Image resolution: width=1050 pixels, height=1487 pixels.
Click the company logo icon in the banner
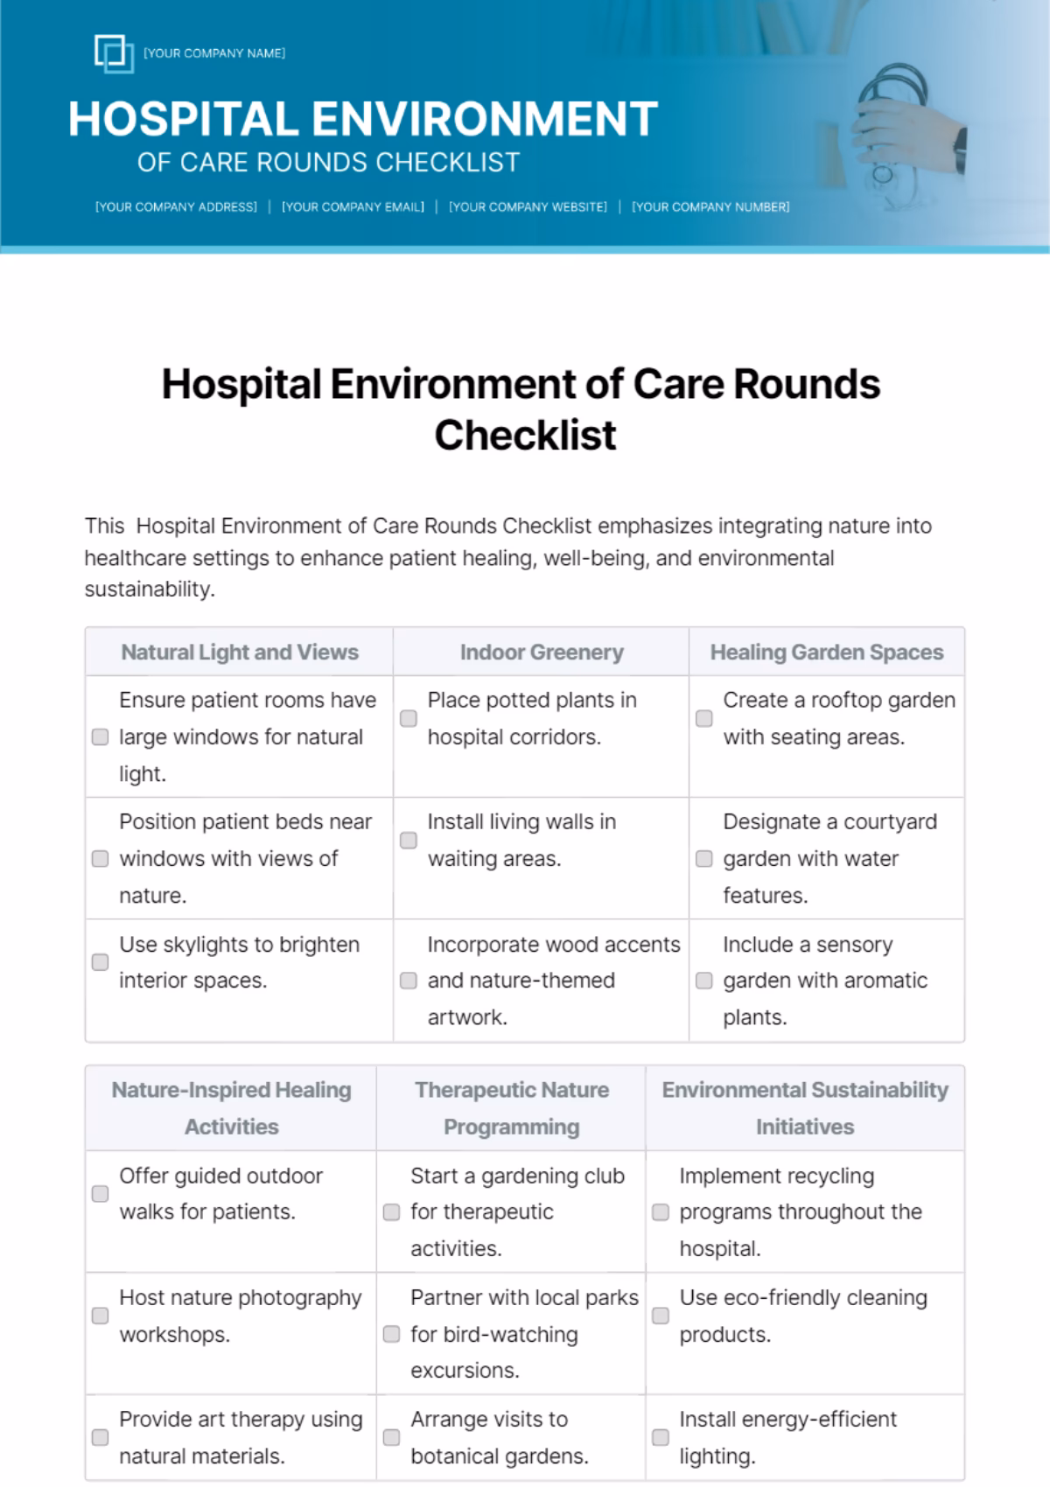coord(114,53)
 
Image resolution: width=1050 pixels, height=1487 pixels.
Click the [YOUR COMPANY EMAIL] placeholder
coord(353,207)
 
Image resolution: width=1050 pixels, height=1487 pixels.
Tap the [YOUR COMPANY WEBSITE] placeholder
coord(528,207)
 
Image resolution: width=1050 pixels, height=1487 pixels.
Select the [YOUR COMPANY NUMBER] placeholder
coord(710,207)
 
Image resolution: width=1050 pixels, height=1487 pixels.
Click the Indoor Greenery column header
coord(542,653)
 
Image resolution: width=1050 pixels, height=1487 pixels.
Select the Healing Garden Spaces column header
coord(827,653)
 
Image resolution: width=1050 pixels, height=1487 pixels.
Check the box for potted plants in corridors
coord(409,718)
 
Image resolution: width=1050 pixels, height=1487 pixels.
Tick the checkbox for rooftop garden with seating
coord(704,718)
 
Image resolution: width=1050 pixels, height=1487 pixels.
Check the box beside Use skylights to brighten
coord(101,962)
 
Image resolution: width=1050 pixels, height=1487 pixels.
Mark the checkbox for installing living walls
coord(409,841)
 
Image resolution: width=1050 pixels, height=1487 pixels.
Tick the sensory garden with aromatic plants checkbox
coord(704,981)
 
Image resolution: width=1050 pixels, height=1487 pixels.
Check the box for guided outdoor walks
coord(101,1194)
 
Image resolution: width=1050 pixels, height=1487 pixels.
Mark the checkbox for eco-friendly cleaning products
coord(661,1316)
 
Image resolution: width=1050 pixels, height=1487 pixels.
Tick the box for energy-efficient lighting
coord(661,1437)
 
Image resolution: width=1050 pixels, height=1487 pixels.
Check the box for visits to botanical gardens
coord(392,1437)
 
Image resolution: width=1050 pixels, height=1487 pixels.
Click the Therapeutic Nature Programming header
coord(511,1108)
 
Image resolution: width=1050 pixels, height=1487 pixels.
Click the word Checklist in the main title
coord(525,435)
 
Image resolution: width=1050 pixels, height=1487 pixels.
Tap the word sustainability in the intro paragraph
coord(148,590)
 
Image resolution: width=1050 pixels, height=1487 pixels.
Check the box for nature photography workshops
coord(101,1316)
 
